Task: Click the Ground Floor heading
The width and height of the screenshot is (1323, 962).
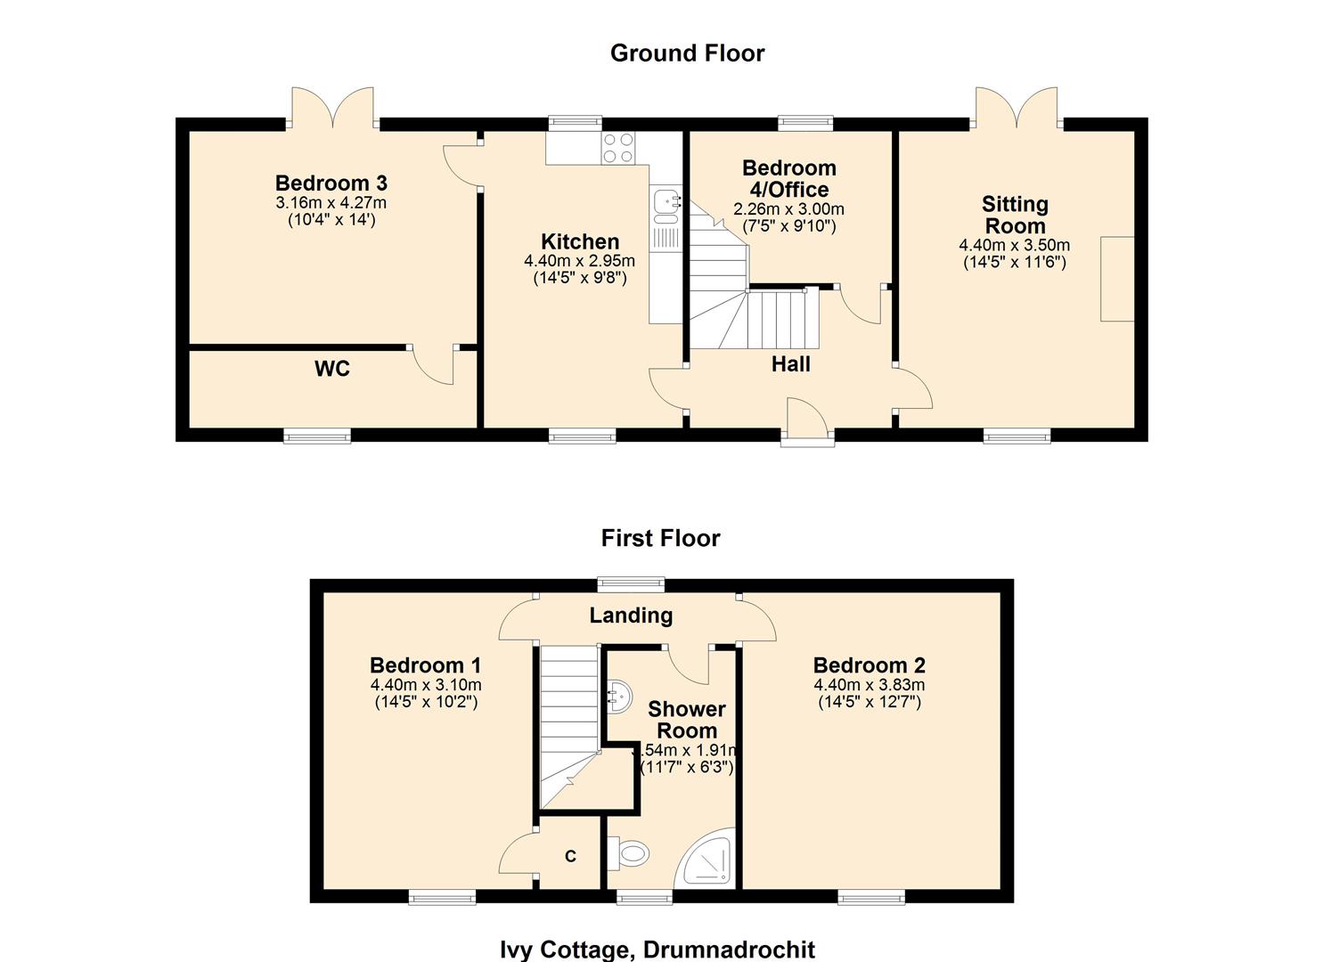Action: (x=687, y=53)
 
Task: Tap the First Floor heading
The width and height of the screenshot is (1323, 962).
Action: (x=660, y=538)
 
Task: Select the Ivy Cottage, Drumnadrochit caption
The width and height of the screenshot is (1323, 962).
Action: (x=657, y=950)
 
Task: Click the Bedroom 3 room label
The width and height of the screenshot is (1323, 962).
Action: (x=331, y=183)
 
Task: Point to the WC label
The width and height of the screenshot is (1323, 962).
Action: (x=331, y=369)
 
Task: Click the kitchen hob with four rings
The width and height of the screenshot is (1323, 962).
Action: (x=618, y=148)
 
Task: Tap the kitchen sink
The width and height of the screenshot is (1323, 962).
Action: (x=666, y=204)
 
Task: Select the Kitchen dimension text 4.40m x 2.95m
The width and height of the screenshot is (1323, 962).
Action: (x=579, y=261)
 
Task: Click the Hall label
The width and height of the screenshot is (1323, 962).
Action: (x=790, y=364)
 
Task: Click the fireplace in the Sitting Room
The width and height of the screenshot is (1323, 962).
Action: (x=1117, y=279)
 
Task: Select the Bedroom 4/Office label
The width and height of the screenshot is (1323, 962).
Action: (x=788, y=178)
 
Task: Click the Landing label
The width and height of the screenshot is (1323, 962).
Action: (x=631, y=616)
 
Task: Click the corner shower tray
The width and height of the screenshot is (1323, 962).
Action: (x=710, y=860)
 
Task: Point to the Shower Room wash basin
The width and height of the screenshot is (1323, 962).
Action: (x=619, y=694)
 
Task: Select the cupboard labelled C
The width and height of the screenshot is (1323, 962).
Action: (x=570, y=856)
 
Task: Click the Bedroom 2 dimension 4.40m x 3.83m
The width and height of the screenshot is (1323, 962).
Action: (x=869, y=685)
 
